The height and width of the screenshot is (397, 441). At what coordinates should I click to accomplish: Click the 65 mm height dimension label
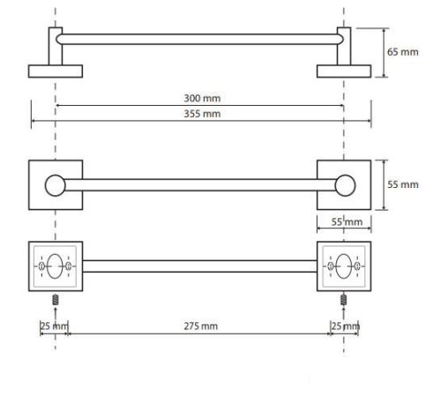pyautogui.click(x=402, y=52)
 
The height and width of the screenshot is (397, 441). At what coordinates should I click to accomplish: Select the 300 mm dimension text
pyautogui.click(x=202, y=98)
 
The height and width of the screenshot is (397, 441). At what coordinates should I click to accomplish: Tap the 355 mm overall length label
pyautogui.click(x=202, y=114)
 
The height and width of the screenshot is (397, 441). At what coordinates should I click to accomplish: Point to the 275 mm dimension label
pyautogui.click(x=201, y=326)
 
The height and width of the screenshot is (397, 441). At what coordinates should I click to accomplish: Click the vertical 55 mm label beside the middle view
pyautogui.click(x=403, y=184)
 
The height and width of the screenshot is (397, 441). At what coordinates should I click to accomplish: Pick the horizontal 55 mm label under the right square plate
pyautogui.click(x=347, y=222)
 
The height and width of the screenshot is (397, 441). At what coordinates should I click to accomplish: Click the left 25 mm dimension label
pyautogui.click(x=54, y=326)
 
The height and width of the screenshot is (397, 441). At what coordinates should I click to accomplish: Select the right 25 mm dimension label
pyautogui.click(x=346, y=326)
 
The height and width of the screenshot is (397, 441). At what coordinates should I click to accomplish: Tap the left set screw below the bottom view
pyautogui.click(x=56, y=300)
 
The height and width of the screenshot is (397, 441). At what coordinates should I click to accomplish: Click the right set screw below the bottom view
pyautogui.click(x=343, y=300)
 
